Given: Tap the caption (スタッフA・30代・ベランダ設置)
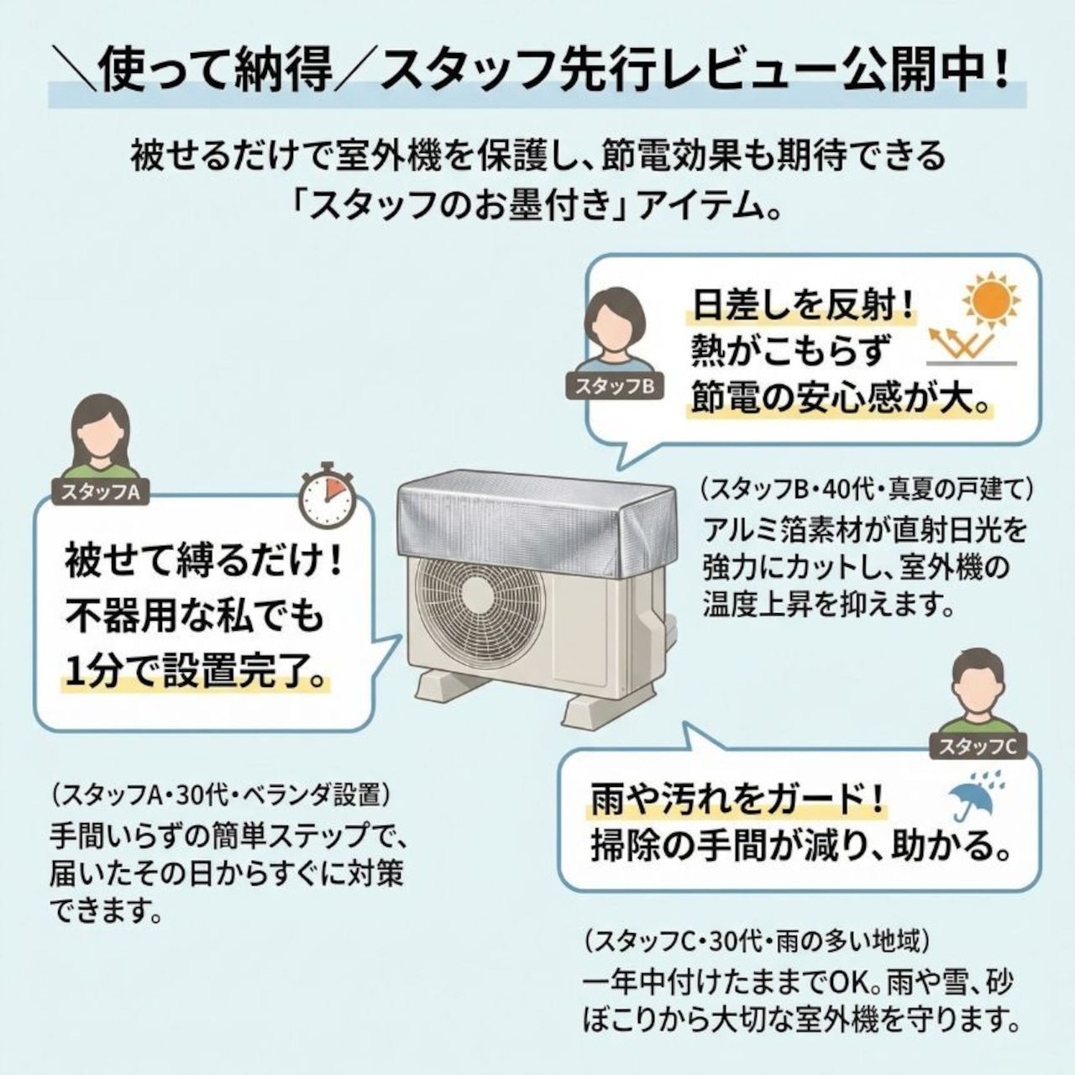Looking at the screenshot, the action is coord(220,794).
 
